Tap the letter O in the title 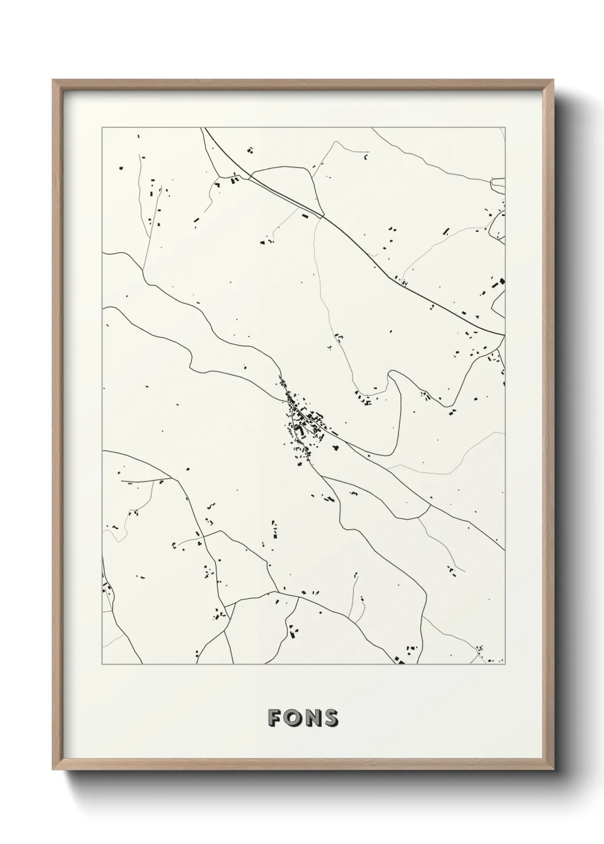[292, 719]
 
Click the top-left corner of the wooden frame [54, 80]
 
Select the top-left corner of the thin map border [102, 128]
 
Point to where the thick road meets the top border [203, 128]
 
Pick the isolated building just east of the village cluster [336, 449]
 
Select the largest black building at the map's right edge [502, 281]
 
